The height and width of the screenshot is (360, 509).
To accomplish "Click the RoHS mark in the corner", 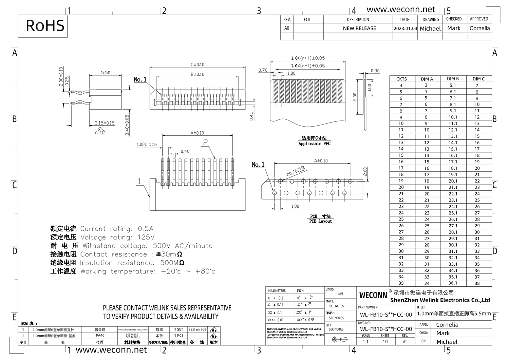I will click(x=45, y=26).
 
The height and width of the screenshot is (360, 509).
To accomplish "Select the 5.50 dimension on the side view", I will click(x=106, y=73).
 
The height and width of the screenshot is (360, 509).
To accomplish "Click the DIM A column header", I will click(x=427, y=79).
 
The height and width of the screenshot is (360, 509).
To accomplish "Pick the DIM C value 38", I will click(x=477, y=283).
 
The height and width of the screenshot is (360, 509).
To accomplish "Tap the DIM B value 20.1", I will click(x=453, y=181).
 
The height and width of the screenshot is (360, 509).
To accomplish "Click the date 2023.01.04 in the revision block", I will click(x=405, y=29).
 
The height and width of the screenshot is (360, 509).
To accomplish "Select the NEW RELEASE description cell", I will click(x=359, y=29).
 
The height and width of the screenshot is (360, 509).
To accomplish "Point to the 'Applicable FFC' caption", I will click(x=314, y=144).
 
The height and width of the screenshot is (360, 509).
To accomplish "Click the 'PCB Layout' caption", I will click(x=320, y=221).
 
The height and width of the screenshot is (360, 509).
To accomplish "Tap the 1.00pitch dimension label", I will click(x=147, y=145).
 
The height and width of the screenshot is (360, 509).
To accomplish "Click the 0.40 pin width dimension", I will click(x=185, y=151).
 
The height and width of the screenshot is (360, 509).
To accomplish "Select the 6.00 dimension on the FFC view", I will click(x=355, y=97).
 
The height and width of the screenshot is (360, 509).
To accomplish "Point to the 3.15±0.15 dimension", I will click(x=105, y=123).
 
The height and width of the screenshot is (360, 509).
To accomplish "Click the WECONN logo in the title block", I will click(x=373, y=295).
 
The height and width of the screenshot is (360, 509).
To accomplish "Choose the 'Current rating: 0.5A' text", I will click(x=117, y=229).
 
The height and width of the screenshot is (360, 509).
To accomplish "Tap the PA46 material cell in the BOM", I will click(x=100, y=336).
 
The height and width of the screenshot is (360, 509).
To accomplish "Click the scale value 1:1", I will click(x=365, y=342).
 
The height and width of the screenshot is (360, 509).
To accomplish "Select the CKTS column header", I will click(x=401, y=79).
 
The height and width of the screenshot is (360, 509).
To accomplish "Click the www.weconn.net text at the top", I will click(x=400, y=10).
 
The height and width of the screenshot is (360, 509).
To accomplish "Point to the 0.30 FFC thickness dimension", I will click(x=375, y=71).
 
